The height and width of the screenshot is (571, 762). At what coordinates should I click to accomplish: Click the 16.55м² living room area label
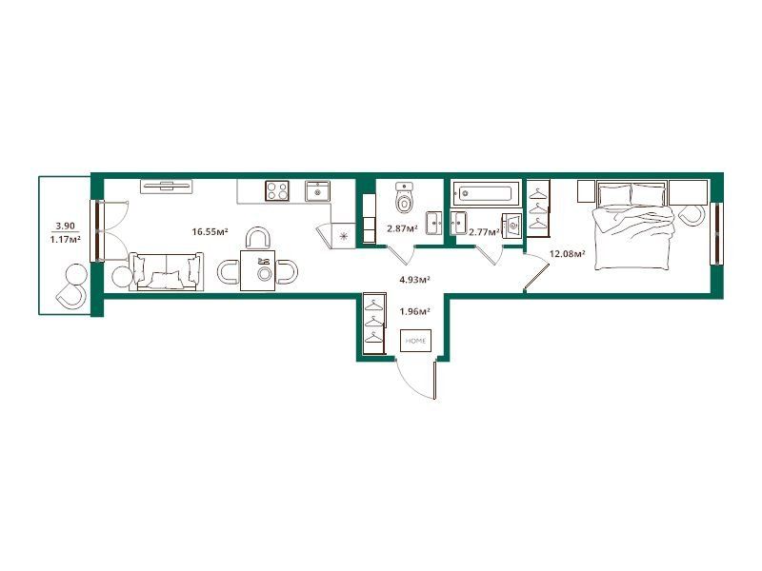coord(210,231)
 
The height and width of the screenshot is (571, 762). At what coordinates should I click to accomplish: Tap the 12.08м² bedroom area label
coord(567,253)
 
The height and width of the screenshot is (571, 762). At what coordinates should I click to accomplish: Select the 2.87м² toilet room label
coord(402,226)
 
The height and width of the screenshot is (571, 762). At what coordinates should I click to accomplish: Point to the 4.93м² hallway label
coord(414,279)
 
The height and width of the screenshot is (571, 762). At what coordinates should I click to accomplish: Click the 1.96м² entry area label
coord(414,311)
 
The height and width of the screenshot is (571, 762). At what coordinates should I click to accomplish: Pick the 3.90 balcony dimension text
coord(65,226)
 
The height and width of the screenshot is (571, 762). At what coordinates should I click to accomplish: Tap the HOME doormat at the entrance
coord(415,341)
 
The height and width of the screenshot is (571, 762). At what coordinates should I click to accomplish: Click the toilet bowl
coord(404,198)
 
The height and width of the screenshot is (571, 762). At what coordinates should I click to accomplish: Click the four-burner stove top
coord(277,190)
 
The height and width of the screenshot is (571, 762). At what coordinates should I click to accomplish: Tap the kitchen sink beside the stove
coord(317,191)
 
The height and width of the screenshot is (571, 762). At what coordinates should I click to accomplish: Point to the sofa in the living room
coord(166,272)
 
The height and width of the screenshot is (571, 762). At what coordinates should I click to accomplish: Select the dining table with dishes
coord(257,270)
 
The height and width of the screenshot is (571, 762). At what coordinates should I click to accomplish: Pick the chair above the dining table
coord(257,239)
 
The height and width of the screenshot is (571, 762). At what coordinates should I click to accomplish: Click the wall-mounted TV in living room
coord(166,187)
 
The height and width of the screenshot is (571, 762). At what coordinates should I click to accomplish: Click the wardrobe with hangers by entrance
coord(374,323)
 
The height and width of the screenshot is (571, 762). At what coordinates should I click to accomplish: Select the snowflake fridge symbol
coord(344,236)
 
